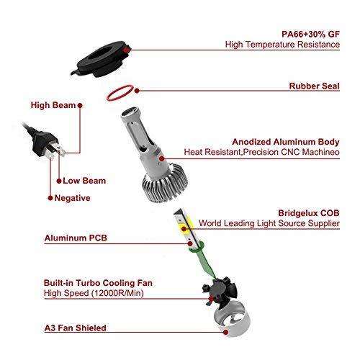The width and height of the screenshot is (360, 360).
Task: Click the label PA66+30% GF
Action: [x=310, y=34]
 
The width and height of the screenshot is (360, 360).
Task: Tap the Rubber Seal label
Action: [x=315, y=86]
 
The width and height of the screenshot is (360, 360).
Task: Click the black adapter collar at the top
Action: [x=101, y=59]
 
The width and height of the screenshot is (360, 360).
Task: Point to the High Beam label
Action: [x=53, y=105]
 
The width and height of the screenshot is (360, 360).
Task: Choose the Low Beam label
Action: [x=84, y=181]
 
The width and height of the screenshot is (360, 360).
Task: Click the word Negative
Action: [x=73, y=198]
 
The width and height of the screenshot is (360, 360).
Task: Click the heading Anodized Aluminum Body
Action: [x=286, y=142]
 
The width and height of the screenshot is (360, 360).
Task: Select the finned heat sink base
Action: [x=165, y=186]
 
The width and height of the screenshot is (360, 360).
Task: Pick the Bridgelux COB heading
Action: [x=309, y=213]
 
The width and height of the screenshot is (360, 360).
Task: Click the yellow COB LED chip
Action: [x=186, y=225]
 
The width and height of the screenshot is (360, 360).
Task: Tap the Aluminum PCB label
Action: [x=76, y=238]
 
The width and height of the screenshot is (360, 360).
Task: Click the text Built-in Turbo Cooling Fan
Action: [x=98, y=283]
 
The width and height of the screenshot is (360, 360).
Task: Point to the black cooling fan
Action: [x=220, y=293]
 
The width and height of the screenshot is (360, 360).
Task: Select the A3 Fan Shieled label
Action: [x=76, y=328]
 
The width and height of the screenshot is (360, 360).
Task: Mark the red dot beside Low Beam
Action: [x=59, y=181]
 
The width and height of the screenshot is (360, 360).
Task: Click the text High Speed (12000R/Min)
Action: [x=94, y=293]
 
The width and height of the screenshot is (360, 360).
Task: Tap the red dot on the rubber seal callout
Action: [x=137, y=91]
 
